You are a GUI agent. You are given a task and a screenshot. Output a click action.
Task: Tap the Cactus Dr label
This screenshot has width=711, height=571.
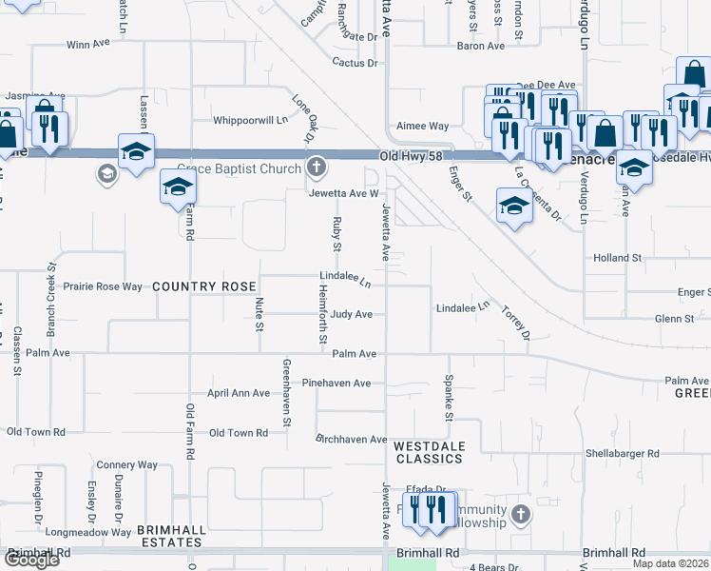pos(355,64)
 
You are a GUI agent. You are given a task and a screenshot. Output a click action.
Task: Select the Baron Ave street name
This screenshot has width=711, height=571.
pos(481,46)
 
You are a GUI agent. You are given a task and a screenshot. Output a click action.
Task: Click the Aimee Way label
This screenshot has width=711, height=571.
pos(422,126)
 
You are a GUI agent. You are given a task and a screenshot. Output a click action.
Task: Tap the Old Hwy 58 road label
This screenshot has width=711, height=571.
pos(413,155)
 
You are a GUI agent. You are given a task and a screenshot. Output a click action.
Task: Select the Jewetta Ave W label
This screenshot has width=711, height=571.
pos(336,193)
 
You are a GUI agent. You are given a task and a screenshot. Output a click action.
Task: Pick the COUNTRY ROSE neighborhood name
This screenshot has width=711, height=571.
pos(203,286)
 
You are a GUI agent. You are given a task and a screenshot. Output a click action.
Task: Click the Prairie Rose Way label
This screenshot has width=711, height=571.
pos(103,286)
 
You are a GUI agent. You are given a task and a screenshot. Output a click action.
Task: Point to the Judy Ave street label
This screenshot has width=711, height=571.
pos(352,314)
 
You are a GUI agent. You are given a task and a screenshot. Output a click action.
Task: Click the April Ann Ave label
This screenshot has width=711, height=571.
pos(239,393)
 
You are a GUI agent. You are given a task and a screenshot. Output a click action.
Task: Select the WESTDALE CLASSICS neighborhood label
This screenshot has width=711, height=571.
pos(429,452)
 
